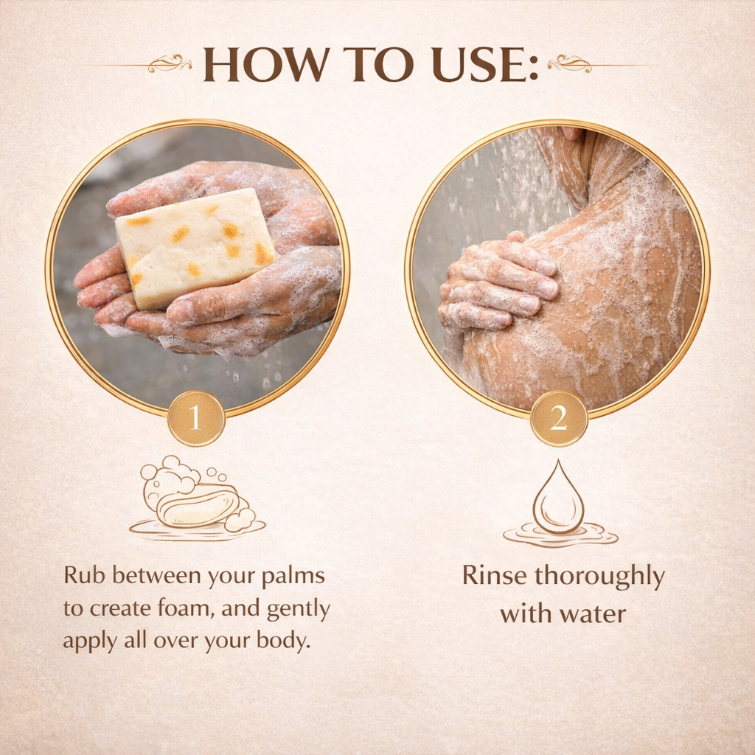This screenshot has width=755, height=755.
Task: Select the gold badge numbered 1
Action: [x=196, y=418]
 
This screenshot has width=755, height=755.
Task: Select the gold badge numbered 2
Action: [x=559, y=418]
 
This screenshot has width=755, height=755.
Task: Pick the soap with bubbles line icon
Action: [x=197, y=498]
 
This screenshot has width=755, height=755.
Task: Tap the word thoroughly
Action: [x=599, y=577]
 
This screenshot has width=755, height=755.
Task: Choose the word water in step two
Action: [x=593, y=614]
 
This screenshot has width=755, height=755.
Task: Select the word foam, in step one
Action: [x=186, y=608]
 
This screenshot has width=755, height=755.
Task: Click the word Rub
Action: [x=84, y=575]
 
